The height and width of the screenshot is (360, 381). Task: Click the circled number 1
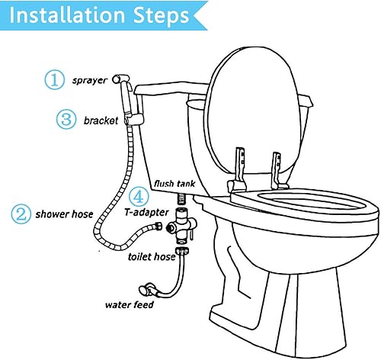coord(55,80)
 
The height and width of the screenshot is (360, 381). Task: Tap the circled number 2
coord(21,214)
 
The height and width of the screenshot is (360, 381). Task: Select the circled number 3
coord(66,119)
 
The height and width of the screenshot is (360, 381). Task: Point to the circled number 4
coord(139,197)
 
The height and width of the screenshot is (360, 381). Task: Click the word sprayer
coord(90,81)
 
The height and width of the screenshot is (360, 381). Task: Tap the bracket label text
coord(101,121)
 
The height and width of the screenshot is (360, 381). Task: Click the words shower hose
coord(64,214)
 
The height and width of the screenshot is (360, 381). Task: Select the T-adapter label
coord(146,212)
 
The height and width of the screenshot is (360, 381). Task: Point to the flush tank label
coord(174,184)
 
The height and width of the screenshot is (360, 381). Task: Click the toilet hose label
coord(152,257)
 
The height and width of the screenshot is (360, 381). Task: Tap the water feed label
coord(130,304)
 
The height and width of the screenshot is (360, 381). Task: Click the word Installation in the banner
coord(67,15)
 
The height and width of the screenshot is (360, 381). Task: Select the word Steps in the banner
coord(161,16)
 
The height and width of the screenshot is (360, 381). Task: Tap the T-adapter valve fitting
coord(181,224)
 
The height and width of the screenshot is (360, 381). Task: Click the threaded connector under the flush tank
coord(181,198)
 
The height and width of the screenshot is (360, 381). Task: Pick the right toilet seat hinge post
coord(277,171)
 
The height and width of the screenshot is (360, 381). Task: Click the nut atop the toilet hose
coord(182,251)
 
